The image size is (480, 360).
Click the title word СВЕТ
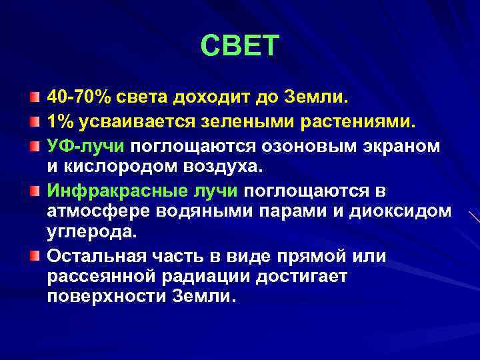click(240, 46)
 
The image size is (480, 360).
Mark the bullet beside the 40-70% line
click(34, 99)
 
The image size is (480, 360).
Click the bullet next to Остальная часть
click(34, 256)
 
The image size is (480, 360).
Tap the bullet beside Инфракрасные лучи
click(34, 191)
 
